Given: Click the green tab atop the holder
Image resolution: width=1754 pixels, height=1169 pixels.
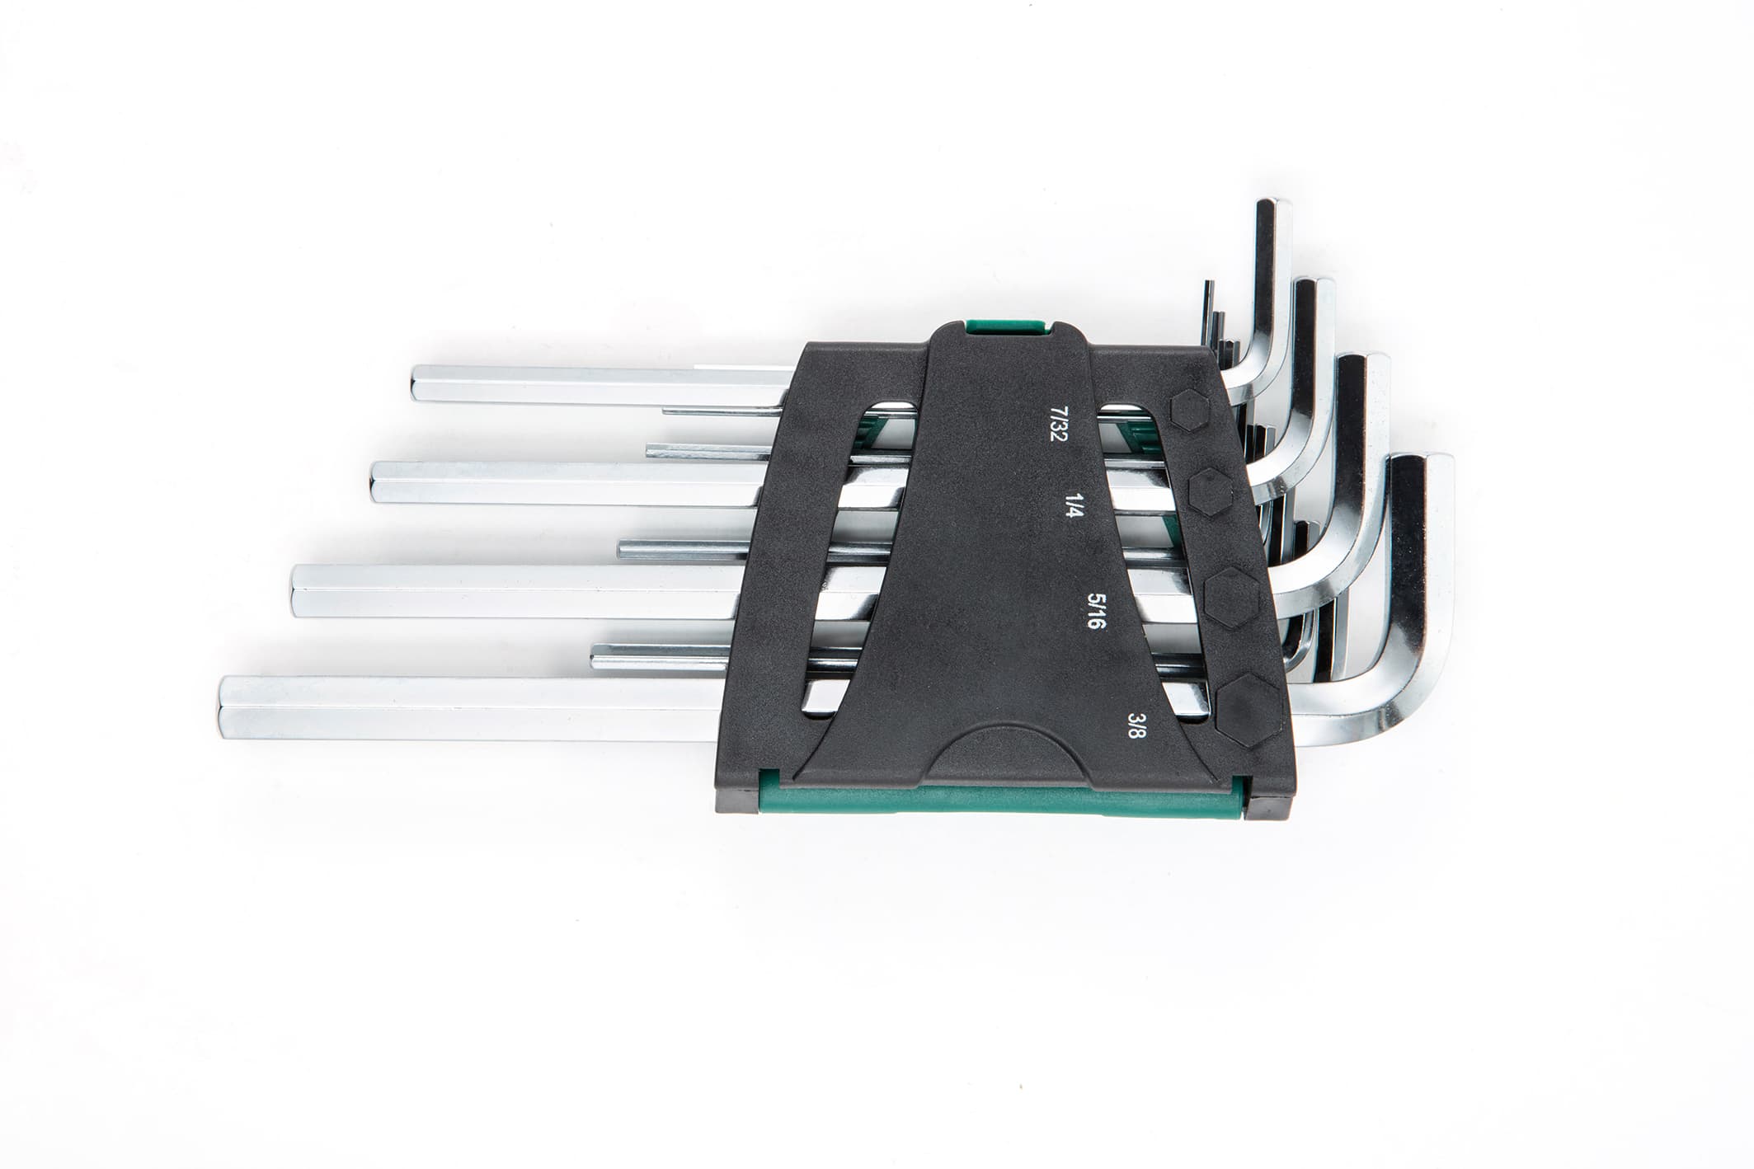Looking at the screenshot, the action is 1006,326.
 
